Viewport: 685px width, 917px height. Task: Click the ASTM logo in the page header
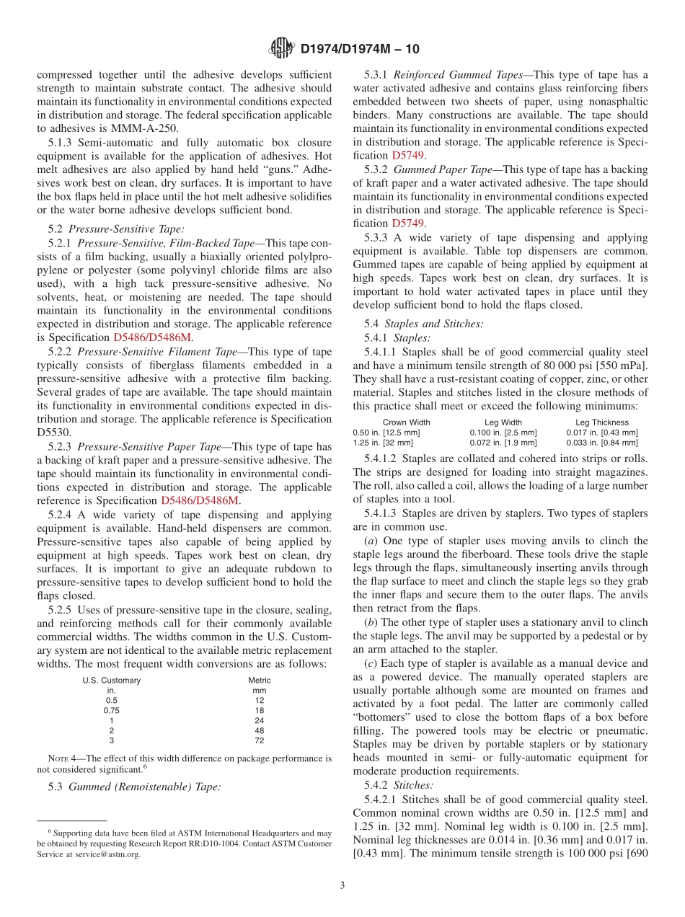(x=281, y=48)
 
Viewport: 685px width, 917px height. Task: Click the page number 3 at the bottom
(x=342, y=886)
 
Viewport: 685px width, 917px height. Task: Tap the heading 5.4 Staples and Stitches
(x=424, y=324)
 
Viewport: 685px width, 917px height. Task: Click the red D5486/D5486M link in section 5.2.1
(x=153, y=337)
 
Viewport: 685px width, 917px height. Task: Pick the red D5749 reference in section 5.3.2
(x=407, y=223)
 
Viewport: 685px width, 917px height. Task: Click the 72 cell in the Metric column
(x=260, y=740)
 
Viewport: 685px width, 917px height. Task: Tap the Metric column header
(x=260, y=680)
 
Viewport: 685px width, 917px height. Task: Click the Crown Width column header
(x=407, y=422)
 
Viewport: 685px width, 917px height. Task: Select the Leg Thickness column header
(x=602, y=422)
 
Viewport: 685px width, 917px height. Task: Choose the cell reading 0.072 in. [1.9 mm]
(x=503, y=443)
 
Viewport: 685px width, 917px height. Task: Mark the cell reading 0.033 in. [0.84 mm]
(x=602, y=443)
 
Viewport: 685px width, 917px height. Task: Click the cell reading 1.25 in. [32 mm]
(x=383, y=443)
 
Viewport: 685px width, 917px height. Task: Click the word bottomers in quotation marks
(x=382, y=717)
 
